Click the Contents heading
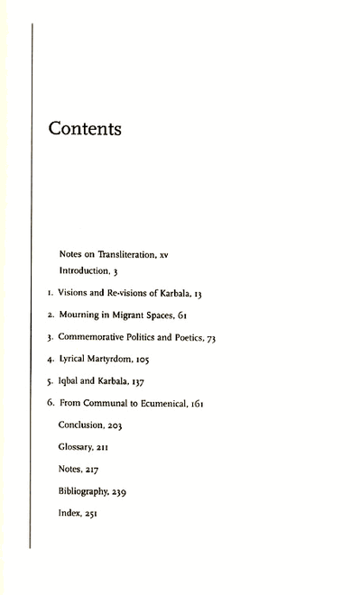[x=85, y=129]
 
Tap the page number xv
[x=163, y=255]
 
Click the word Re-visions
[x=122, y=293]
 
